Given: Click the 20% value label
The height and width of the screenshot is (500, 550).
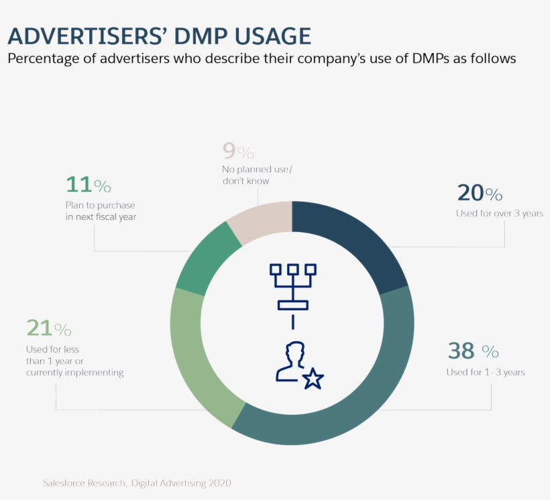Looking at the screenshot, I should pyautogui.click(x=480, y=193).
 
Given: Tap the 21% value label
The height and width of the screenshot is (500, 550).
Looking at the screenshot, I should pyautogui.click(x=48, y=328).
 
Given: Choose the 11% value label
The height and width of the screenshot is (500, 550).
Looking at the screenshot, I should pyautogui.click(x=88, y=184).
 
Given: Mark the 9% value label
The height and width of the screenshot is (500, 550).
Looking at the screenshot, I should pyautogui.click(x=238, y=151).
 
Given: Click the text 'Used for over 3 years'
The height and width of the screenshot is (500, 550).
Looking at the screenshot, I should pyautogui.click(x=499, y=213).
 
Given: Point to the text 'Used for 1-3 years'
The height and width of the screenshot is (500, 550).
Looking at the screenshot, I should pyautogui.click(x=486, y=372).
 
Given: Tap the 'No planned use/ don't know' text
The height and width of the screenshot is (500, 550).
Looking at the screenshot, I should pyautogui.click(x=257, y=175).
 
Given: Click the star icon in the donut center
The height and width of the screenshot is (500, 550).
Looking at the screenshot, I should pyautogui.click(x=313, y=380).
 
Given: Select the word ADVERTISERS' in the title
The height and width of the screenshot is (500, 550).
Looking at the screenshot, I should pyautogui.click(x=84, y=36).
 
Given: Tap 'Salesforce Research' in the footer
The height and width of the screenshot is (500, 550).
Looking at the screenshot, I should pyautogui.click(x=84, y=483).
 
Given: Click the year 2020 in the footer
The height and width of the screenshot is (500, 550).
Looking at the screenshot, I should pyautogui.click(x=219, y=483).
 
